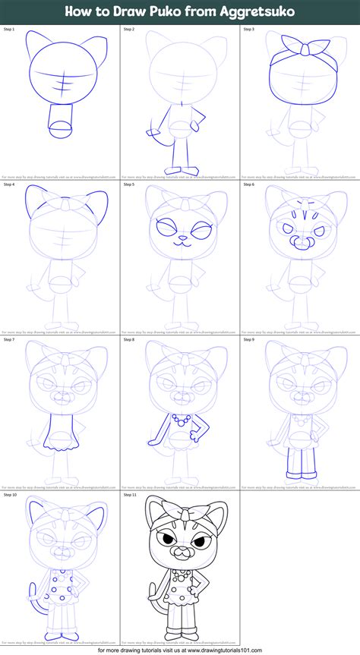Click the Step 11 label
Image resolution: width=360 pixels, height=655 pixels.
point(131,495)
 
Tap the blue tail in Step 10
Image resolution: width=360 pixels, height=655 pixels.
point(33,607)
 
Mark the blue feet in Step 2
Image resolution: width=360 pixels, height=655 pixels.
point(179,169)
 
